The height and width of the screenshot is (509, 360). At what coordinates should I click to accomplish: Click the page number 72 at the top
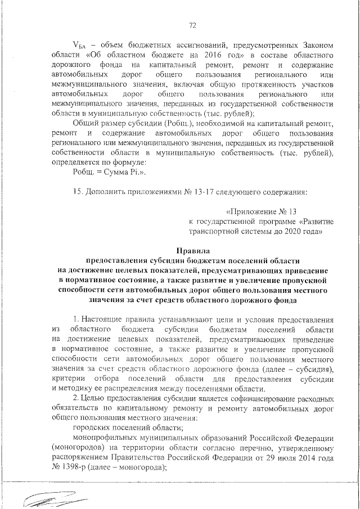coord(192,25)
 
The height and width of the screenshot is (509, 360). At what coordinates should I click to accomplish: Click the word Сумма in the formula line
coord(113,172)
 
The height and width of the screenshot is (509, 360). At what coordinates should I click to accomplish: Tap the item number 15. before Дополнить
coord(79,192)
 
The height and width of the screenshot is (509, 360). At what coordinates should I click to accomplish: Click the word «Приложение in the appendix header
coord(246,212)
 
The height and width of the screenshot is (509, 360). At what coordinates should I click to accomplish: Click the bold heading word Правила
coord(192,250)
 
